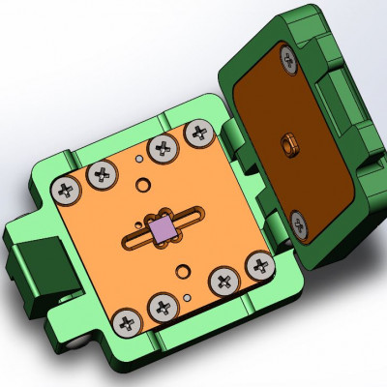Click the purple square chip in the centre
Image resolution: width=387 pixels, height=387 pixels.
(x=162, y=229)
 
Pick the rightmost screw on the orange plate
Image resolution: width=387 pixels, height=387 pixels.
(x=258, y=263)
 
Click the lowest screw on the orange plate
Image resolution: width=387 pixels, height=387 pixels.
(x=125, y=323)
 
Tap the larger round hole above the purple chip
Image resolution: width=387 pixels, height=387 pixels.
(x=143, y=184)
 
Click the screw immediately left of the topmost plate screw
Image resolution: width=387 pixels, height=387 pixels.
(x=160, y=147)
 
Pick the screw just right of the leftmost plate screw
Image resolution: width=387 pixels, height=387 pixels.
(x=101, y=175)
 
